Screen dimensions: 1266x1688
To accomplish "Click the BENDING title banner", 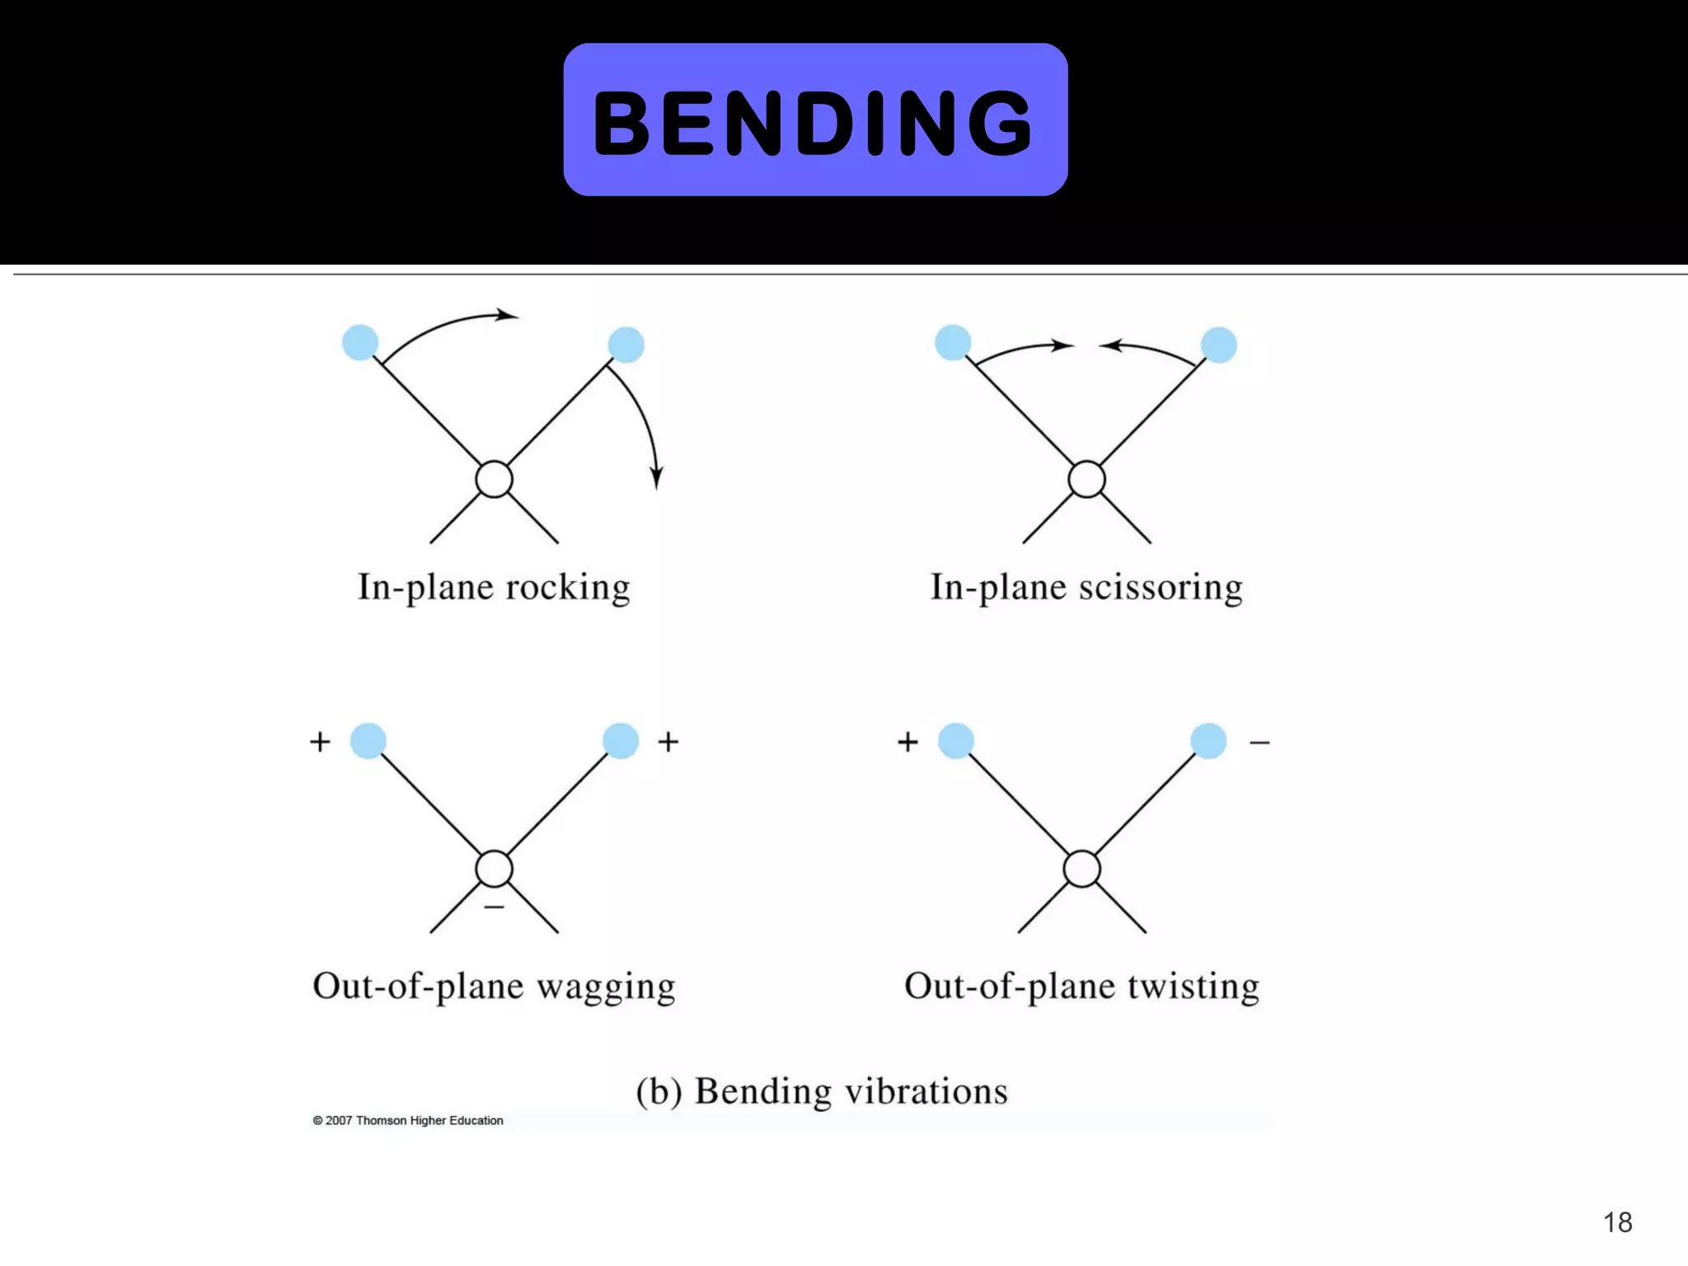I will (x=815, y=120).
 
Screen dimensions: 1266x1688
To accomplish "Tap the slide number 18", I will (x=1617, y=1222).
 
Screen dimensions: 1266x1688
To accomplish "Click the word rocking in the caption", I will (x=567, y=588).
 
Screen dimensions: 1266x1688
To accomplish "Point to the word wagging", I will (x=606, y=987).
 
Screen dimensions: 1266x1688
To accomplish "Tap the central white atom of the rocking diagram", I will (x=495, y=480).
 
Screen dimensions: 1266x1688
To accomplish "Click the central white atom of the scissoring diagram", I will (x=1086, y=480).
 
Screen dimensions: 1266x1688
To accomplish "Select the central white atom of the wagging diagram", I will (x=495, y=869).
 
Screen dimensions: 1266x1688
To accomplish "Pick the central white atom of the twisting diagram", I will (x=1082, y=869).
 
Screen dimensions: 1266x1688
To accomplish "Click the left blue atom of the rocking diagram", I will (x=360, y=342).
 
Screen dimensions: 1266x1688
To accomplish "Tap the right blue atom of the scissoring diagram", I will (x=1219, y=345).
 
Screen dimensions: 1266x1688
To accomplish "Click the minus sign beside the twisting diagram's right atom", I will (x=1259, y=743).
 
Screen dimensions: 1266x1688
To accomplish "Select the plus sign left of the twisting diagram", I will (x=907, y=742).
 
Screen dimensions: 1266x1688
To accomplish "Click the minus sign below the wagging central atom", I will (x=495, y=907).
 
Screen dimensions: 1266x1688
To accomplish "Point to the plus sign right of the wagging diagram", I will (x=668, y=742).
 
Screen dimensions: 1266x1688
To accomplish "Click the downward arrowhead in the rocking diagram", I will (x=657, y=478).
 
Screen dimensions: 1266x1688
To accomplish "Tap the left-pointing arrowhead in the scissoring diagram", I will (x=1110, y=345).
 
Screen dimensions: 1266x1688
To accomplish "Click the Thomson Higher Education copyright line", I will (x=408, y=1120).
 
